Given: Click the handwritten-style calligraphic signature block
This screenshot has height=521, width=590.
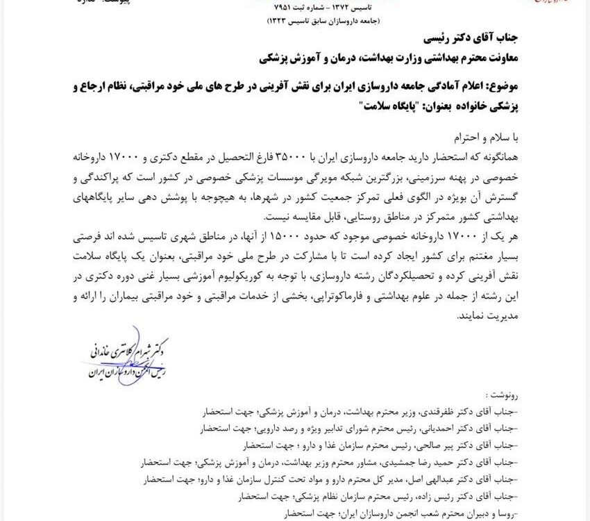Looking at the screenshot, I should point(121,358).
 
